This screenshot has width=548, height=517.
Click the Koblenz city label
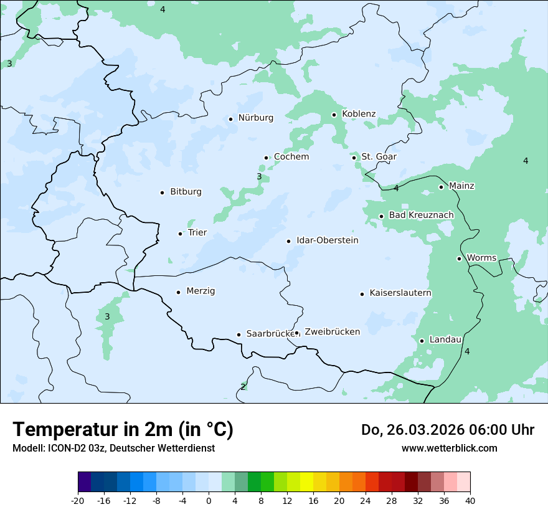[x=359, y=114]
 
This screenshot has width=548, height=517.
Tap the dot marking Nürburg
[x=230, y=119]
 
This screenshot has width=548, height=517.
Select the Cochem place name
[x=291, y=157]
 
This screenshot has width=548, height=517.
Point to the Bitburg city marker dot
[x=162, y=192]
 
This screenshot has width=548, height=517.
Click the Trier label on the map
[x=197, y=233]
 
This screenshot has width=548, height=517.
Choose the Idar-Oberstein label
[x=328, y=240]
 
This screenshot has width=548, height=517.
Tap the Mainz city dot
[x=441, y=187]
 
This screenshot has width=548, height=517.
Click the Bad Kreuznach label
[x=421, y=216]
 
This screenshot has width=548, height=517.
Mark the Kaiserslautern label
[x=400, y=293]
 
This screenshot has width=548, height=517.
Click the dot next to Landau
[x=422, y=341]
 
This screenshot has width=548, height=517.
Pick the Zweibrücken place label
[x=332, y=332]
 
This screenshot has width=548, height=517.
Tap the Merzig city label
[x=201, y=291]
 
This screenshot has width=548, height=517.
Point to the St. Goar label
[x=379, y=157]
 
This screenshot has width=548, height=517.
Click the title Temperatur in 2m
[x=123, y=430]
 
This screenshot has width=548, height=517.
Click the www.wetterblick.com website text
[x=449, y=448]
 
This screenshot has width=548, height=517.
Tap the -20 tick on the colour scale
[x=78, y=500]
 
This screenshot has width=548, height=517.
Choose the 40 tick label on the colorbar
[x=470, y=500]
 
